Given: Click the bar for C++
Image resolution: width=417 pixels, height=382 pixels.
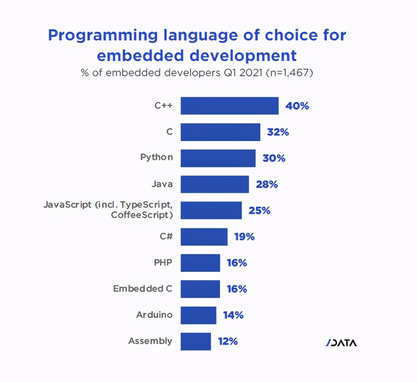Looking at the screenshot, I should pyautogui.click(x=229, y=106).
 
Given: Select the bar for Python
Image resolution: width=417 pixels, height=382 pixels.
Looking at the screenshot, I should pyautogui.click(x=218, y=158).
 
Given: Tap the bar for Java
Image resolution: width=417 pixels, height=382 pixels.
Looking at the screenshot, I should pyautogui.click(x=215, y=184).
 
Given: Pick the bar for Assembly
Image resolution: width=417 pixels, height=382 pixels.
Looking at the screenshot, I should pyautogui.click(x=196, y=341).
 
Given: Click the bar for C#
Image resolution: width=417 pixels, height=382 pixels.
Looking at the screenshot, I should pyautogui.click(x=204, y=237).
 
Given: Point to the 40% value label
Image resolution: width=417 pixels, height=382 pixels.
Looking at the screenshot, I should pyautogui.click(x=297, y=106).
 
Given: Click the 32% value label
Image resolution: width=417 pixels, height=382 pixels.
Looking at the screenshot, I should pyautogui.click(x=278, y=132).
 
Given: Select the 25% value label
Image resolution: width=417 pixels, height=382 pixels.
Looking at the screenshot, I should pyautogui.click(x=259, y=210).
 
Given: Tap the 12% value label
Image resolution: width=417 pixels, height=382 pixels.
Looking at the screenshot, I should pyautogui.click(x=227, y=341).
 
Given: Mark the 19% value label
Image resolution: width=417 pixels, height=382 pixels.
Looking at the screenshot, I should pyautogui.click(x=244, y=237).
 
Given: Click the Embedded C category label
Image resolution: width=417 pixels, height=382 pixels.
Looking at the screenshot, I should pyautogui.click(x=143, y=289).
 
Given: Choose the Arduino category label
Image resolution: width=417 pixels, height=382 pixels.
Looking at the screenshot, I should pyautogui.click(x=154, y=315).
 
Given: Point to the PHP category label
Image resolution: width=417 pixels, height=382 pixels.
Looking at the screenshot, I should pyautogui.click(x=163, y=262).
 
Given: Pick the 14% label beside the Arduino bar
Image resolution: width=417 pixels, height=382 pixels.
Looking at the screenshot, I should pyautogui.click(x=233, y=315).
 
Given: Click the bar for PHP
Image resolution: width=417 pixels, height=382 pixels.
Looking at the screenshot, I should pyautogui.click(x=200, y=263).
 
